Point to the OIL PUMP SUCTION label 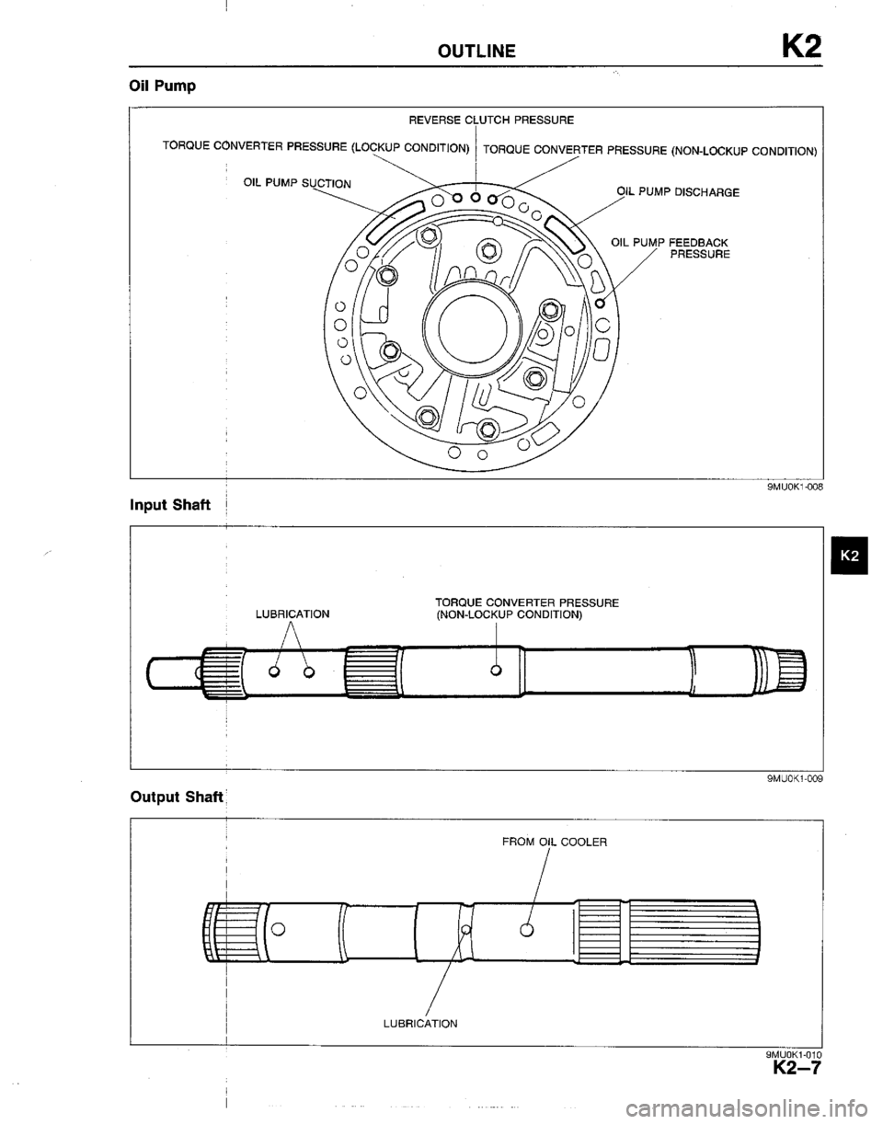coord(287,181)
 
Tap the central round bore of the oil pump coord(472,330)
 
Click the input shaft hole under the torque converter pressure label coord(496,670)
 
